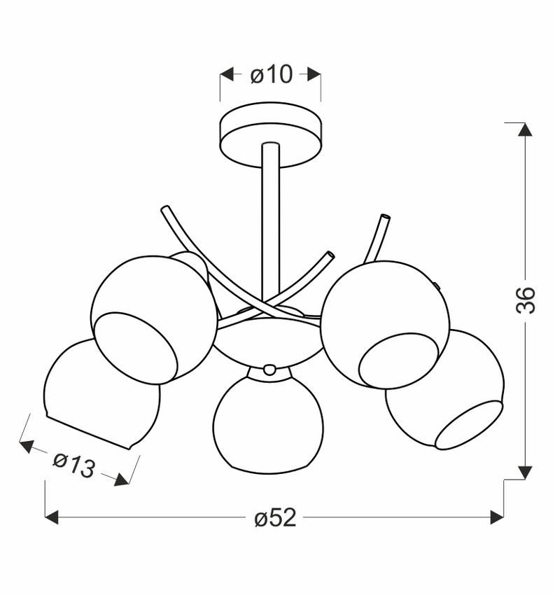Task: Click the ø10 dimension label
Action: point(272,74)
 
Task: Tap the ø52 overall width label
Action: point(275,518)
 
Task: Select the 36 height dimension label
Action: point(526,300)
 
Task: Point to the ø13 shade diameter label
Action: point(73,465)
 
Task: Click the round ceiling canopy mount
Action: point(271,135)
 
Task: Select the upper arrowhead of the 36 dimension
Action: point(525,129)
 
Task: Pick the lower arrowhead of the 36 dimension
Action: point(525,472)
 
